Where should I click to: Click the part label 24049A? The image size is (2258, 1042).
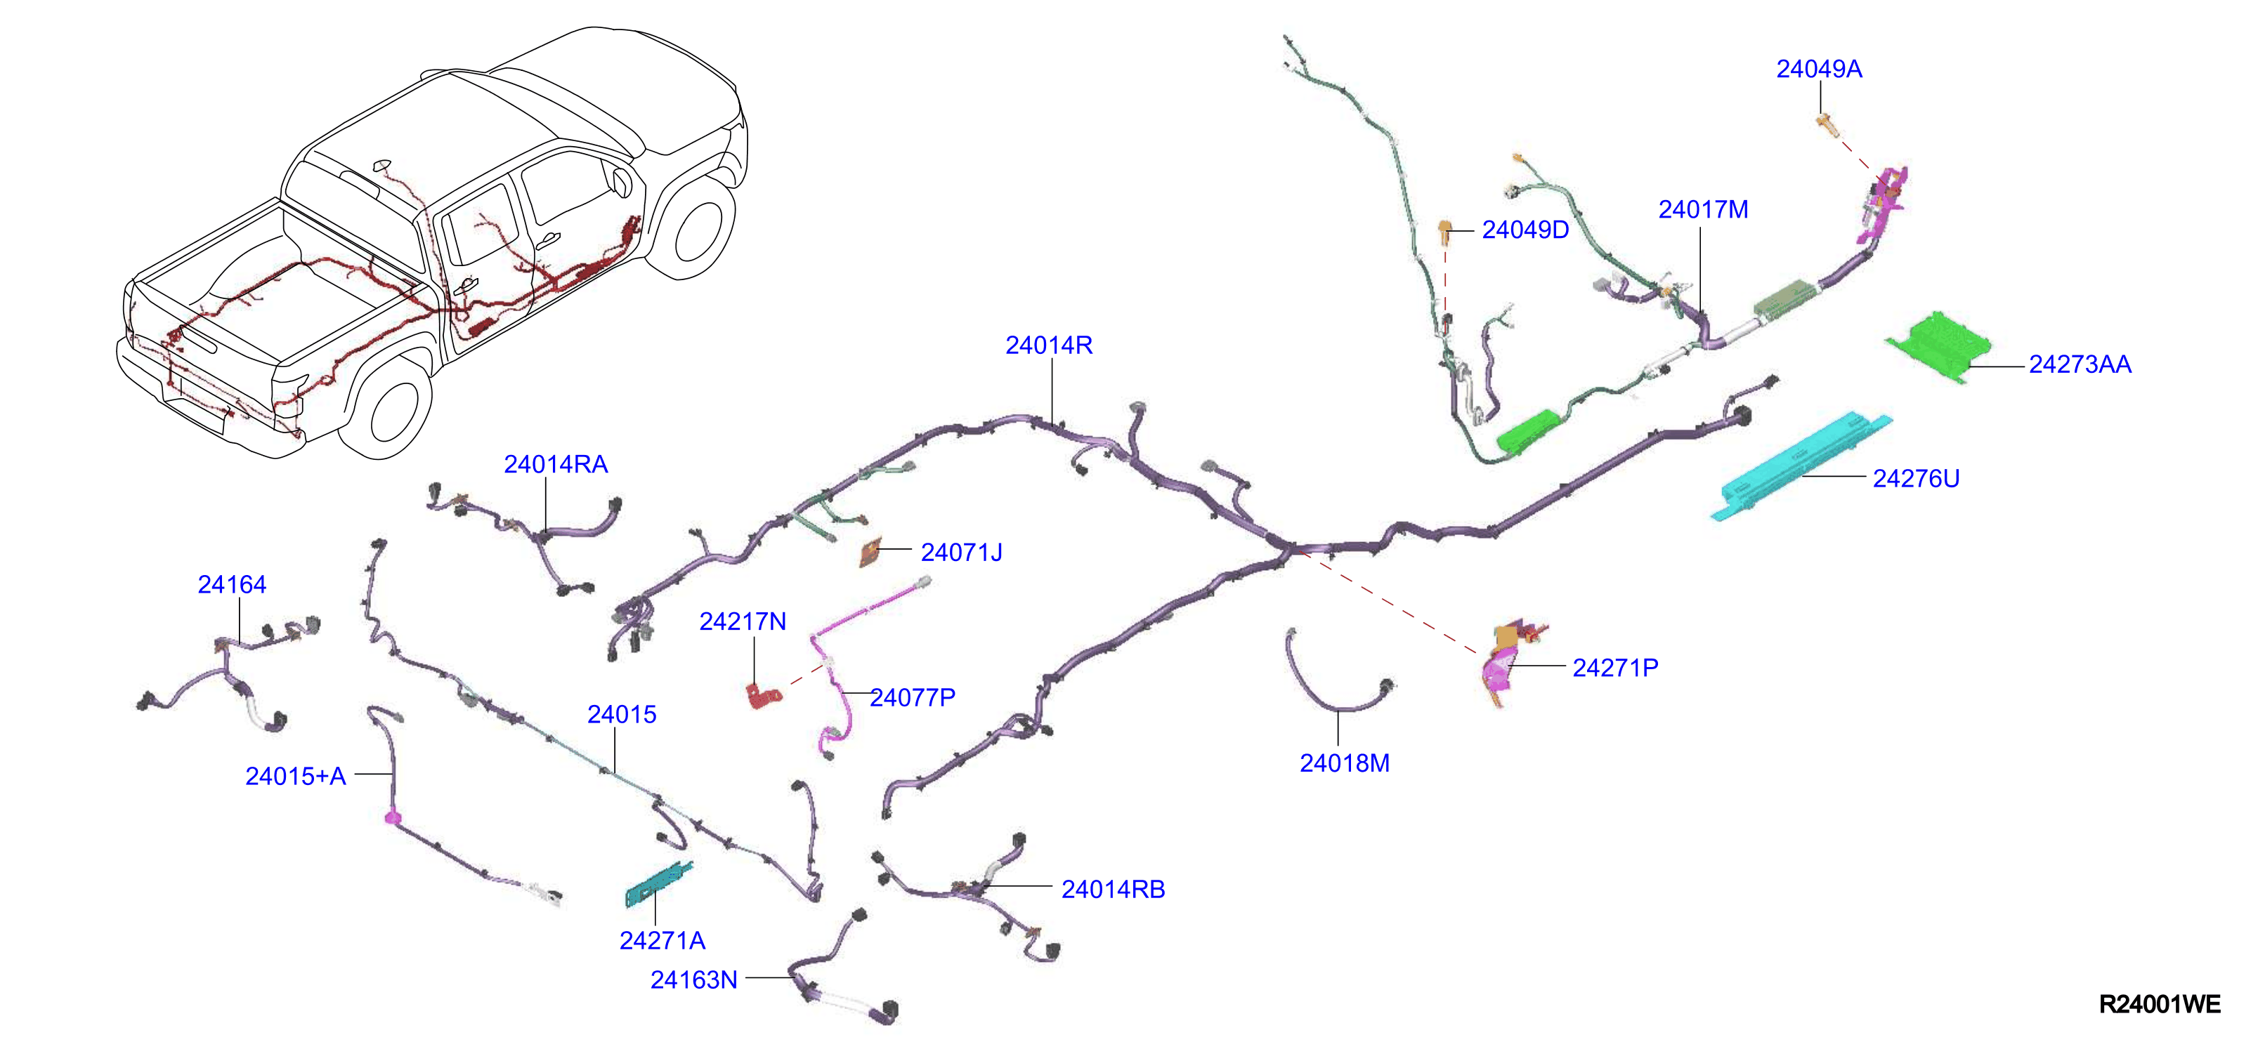pyautogui.click(x=1819, y=70)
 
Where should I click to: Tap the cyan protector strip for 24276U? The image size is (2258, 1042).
pyautogui.click(x=1801, y=466)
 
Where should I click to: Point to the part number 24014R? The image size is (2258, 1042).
pyautogui.click(x=1049, y=345)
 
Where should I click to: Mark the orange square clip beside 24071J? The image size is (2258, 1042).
pyautogui.click(x=870, y=553)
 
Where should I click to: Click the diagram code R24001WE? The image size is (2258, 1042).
pyautogui.click(x=2160, y=1004)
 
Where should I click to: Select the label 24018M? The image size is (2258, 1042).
pyautogui.click(x=1345, y=763)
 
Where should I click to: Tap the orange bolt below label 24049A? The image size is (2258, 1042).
pyautogui.click(x=1824, y=124)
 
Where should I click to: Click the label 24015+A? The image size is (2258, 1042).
pyautogui.click(x=295, y=777)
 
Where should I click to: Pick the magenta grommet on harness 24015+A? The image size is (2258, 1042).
pyautogui.click(x=392, y=817)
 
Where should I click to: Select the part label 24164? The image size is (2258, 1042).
pyautogui.click(x=233, y=584)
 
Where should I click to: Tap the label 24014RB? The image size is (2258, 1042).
pyautogui.click(x=1114, y=890)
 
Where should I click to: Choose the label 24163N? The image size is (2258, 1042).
pyautogui.click(x=693, y=980)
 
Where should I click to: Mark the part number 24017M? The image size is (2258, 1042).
pyautogui.click(x=1703, y=209)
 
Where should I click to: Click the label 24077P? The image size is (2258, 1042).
pyautogui.click(x=913, y=697)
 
